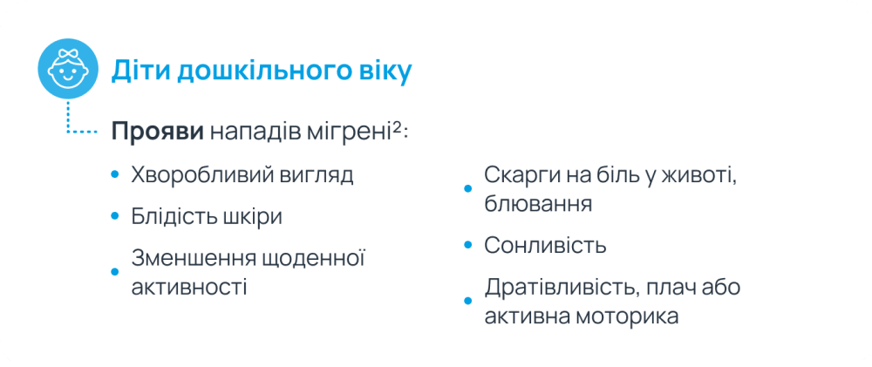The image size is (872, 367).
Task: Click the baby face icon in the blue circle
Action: point(68,69)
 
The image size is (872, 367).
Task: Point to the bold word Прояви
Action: point(158,132)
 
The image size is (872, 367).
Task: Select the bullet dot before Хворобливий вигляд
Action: point(115,175)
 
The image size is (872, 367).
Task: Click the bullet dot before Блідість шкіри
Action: point(115,215)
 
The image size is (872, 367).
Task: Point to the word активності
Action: point(189,288)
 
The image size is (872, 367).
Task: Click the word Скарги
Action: point(519,176)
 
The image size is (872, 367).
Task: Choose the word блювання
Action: point(538,204)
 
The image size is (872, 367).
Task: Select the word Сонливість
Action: point(545,245)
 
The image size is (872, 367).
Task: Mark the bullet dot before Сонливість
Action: point(467,245)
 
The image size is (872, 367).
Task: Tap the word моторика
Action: point(628,316)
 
